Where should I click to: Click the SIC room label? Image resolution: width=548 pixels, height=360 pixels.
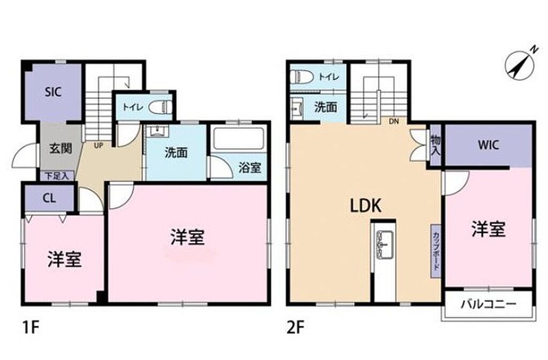[x=53, y=92]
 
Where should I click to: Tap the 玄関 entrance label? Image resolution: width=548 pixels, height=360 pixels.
[x=60, y=148]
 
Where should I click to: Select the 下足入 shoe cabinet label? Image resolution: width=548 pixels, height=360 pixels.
[x=57, y=175]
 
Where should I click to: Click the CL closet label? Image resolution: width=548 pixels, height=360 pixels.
[x=49, y=198]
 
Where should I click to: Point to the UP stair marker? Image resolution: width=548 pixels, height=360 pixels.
[x=98, y=145]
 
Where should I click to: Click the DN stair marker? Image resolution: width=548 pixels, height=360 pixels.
[x=394, y=121]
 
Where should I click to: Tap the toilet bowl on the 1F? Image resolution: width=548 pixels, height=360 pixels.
[x=161, y=107]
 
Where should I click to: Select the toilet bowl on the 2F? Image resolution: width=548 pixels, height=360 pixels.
[x=302, y=77]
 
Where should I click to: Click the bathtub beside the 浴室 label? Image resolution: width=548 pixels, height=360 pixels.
[x=238, y=139]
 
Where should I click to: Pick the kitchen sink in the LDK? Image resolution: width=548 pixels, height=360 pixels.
[x=384, y=244]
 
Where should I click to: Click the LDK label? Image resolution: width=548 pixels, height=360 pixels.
[x=366, y=205]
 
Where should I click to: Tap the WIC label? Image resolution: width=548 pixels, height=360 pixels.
[x=489, y=145]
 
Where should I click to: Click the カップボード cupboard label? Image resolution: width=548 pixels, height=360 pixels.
[x=436, y=251]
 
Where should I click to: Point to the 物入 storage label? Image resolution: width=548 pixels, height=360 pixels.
[x=436, y=145]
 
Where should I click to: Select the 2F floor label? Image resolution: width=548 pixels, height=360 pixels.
[x=295, y=328]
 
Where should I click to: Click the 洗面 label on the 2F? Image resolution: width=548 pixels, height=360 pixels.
[x=326, y=107]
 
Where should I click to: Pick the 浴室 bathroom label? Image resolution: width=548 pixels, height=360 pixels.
[x=250, y=167]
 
